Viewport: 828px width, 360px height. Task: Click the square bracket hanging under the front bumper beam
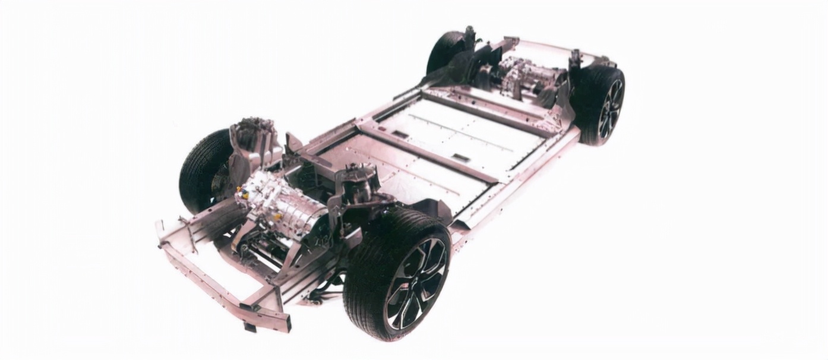tap(249, 326)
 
